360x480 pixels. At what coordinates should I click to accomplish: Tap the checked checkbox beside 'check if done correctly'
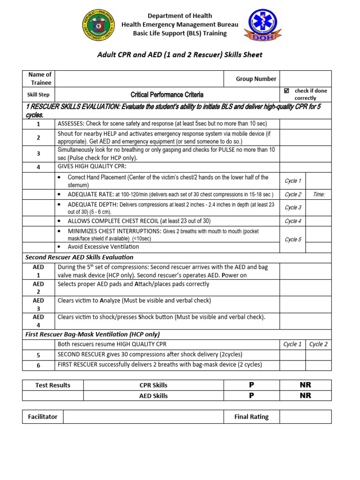(x=286, y=90)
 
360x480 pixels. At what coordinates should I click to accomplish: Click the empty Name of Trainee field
(x=139, y=78)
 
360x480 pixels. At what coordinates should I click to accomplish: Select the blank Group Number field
(x=305, y=79)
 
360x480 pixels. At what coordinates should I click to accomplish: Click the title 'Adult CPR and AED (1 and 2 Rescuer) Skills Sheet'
(x=180, y=55)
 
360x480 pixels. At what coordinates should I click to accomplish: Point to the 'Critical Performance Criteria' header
(x=167, y=94)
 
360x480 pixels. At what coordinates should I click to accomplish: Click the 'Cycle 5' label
(x=293, y=240)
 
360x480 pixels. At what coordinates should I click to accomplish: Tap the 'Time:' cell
(x=319, y=195)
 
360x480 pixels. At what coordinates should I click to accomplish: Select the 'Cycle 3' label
(x=293, y=208)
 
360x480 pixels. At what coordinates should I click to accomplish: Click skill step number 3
(x=38, y=153)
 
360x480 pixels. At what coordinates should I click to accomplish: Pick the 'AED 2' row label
(x=38, y=288)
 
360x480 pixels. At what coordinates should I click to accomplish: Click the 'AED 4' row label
(x=38, y=321)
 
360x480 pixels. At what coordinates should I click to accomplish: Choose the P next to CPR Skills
(x=251, y=385)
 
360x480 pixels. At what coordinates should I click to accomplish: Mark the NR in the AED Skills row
(x=305, y=396)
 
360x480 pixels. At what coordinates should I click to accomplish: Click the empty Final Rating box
(x=305, y=417)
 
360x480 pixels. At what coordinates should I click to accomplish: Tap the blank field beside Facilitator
(x=143, y=417)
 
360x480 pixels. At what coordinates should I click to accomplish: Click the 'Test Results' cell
(x=53, y=385)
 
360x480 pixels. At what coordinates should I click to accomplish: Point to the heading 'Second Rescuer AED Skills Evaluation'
(x=79, y=257)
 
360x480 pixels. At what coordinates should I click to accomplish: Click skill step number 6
(x=38, y=365)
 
